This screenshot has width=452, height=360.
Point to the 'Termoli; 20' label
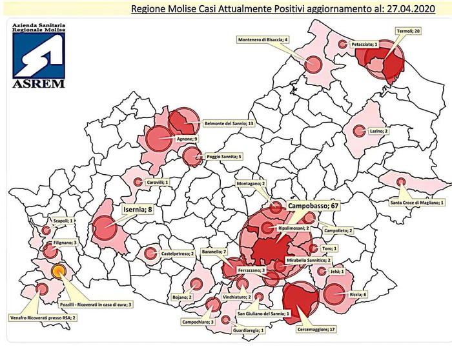pyautogui.click(x=408, y=30)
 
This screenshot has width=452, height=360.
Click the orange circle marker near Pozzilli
pyautogui.click(x=58, y=271)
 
